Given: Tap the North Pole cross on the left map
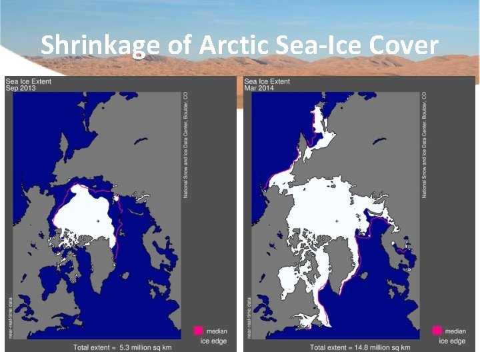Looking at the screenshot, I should point(97,221).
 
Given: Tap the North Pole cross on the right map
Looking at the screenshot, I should point(337,221).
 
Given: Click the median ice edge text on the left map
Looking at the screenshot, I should point(214,336).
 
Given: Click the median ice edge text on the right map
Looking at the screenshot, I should point(453,336).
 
